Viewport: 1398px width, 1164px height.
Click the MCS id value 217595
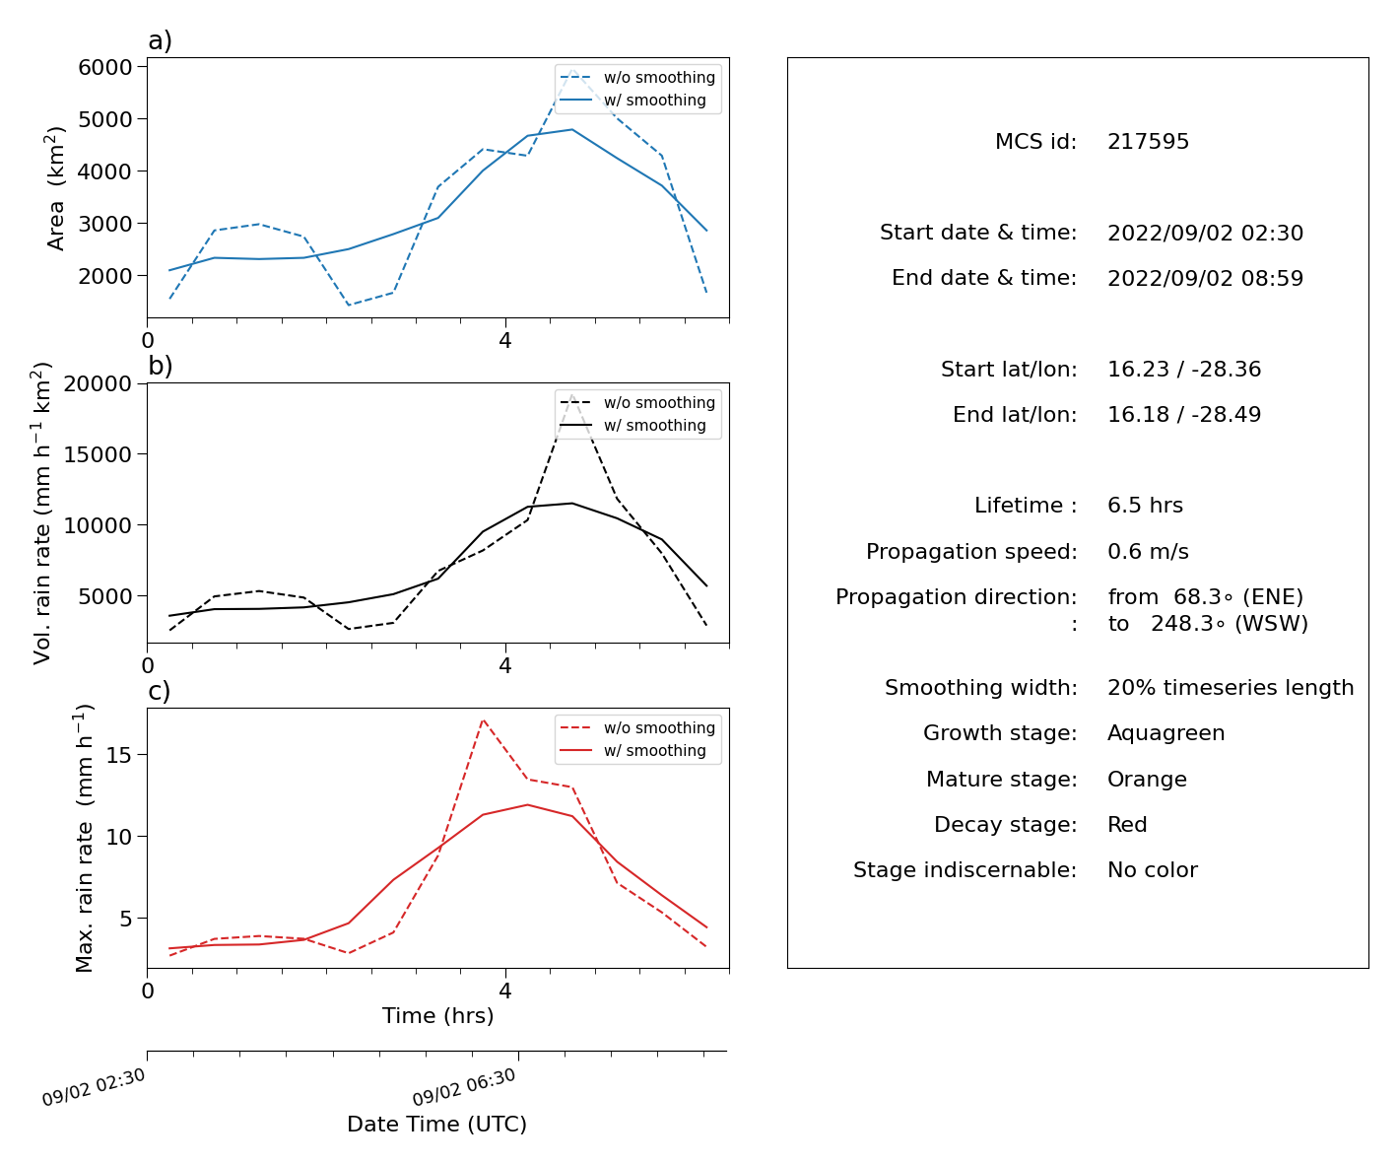tap(1148, 141)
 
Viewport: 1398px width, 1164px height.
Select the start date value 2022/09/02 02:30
tap(1205, 233)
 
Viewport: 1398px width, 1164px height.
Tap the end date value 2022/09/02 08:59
tap(1205, 278)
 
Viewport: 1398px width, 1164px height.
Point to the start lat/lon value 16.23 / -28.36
tap(1184, 369)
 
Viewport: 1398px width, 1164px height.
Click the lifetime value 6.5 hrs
tap(1145, 505)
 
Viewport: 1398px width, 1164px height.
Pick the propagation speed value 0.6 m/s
tap(1148, 551)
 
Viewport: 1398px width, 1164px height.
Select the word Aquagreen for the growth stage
tap(1165, 733)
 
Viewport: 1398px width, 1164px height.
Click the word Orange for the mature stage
tap(1147, 779)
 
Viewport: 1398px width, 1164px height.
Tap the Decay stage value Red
tap(1127, 824)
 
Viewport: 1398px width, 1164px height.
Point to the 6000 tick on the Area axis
tap(105, 67)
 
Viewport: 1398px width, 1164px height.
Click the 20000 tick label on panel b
tap(98, 383)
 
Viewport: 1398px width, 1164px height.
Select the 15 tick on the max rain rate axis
tap(119, 755)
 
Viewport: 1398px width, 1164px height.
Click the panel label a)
tap(160, 40)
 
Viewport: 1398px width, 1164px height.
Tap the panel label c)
tap(160, 691)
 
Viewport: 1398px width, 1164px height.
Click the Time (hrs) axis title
tap(437, 1015)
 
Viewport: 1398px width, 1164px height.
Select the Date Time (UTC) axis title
tap(436, 1124)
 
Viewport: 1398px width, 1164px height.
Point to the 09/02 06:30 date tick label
tap(463, 1087)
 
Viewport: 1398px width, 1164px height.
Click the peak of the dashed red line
tap(483, 719)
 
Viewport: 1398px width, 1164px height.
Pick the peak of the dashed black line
tap(571, 395)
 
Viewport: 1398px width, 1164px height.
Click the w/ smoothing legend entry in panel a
tap(632, 100)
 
